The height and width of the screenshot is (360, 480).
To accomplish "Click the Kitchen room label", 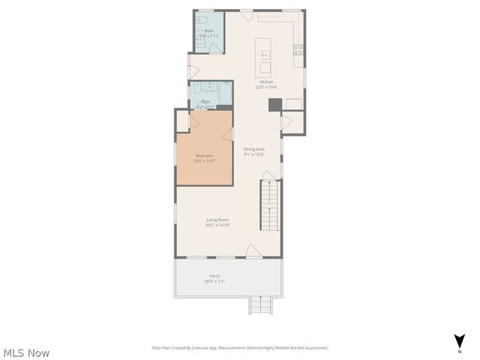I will (x=266, y=82).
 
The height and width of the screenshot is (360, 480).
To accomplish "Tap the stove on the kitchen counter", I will (x=298, y=49).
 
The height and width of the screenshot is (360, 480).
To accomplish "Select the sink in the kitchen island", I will (x=264, y=54).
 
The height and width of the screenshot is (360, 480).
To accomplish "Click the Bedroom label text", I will (x=204, y=155).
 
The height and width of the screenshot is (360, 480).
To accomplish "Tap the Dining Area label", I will (x=254, y=149).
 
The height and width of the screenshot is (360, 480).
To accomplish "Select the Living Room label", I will (x=217, y=220).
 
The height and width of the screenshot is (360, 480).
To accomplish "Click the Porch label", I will (x=214, y=276).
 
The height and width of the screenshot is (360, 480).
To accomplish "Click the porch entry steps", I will (x=259, y=304).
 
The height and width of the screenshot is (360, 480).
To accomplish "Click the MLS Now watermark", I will (x=26, y=352).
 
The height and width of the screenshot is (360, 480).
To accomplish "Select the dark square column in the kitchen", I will (x=274, y=104).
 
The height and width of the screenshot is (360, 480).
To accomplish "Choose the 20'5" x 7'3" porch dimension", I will (x=215, y=282).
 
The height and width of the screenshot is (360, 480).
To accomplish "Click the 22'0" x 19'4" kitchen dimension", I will (x=266, y=87).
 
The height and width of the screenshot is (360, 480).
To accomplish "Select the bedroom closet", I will (x=182, y=121).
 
